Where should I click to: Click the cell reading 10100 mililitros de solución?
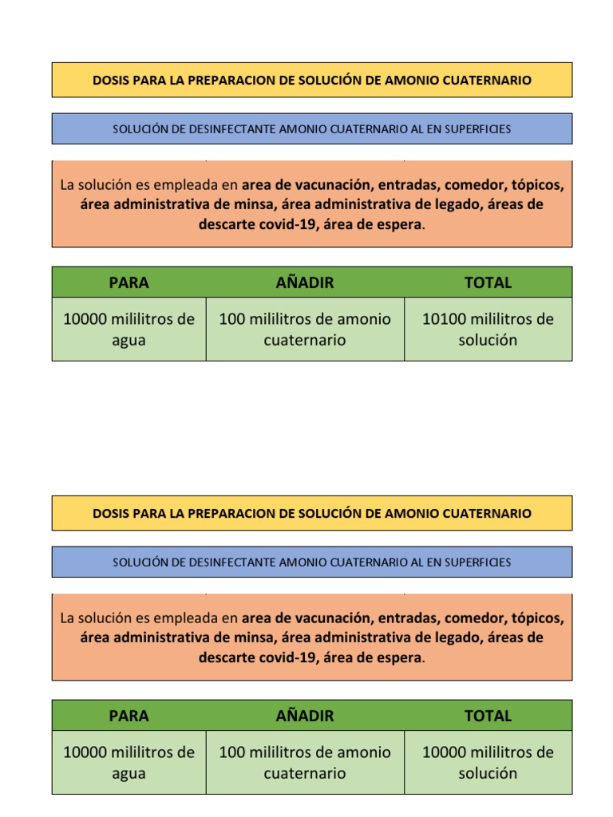pyautogui.click(x=488, y=330)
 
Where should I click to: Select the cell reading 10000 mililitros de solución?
pyautogui.click(x=488, y=763)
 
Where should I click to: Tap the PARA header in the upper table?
pyautogui.click(x=129, y=282)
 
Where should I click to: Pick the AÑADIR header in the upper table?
pyautogui.click(x=305, y=282)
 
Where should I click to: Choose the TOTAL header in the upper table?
pyautogui.click(x=488, y=282)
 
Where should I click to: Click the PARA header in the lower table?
pyautogui.click(x=129, y=716)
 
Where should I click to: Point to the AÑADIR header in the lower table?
pyautogui.click(x=305, y=716)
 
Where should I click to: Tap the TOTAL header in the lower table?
pyautogui.click(x=488, y=716)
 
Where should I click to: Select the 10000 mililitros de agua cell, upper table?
pyautogui.click(x=129, y=330)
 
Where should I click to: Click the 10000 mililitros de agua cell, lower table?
pyautogui.click(x=129, y=763)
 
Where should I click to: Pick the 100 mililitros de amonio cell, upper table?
pyautogui.click(x=305, y=330)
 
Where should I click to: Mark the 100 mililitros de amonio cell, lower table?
pyautogui.click(x=305, y=763)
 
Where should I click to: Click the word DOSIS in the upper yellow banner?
pyautogui.click(x=109, y=81)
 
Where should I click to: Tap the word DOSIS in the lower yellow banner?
pyautogui.click(x=109, y=514)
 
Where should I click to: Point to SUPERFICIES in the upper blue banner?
pyautogui.click(x=478, y=129)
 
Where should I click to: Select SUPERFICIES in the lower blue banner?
pyautogui.click(x=478, y=562)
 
